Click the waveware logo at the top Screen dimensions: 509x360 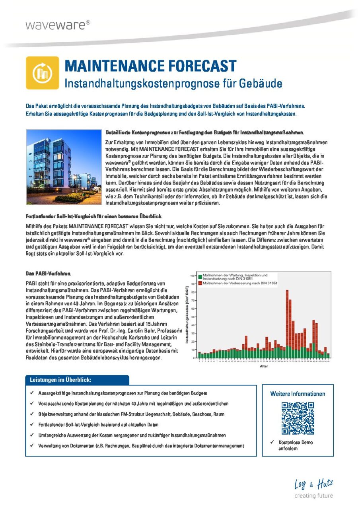pos(58,25)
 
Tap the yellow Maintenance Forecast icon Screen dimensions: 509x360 pos(42,73)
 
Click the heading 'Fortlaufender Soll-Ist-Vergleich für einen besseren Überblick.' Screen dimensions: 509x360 pos(94,216)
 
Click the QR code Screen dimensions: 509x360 pos(298,418)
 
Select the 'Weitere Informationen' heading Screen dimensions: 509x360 pos(298,394)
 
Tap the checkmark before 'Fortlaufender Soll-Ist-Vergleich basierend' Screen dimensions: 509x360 pos(31,424)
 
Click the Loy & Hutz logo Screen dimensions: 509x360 pos(313,484)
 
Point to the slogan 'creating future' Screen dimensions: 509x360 pos(313,495)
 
